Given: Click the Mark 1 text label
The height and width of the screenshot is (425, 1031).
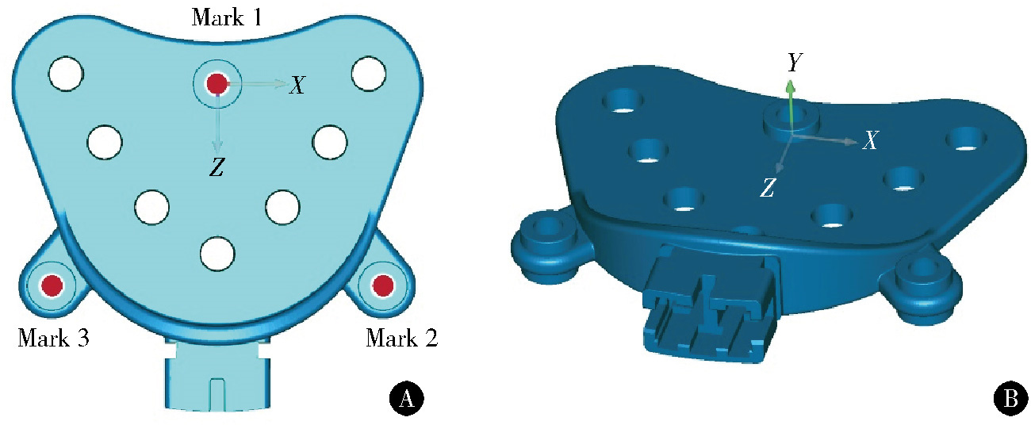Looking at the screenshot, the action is [x=227, y=18].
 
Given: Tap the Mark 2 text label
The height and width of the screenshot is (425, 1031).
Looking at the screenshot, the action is [x=401, y=339].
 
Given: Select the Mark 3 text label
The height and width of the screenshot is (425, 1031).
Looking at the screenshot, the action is [x=53, y=339].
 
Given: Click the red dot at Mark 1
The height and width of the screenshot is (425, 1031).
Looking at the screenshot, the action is [x=217, y=84].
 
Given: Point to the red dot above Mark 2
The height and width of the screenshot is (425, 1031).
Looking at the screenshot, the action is [x=383, y=285].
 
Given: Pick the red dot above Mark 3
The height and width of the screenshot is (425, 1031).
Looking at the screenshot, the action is [x=52, y=285].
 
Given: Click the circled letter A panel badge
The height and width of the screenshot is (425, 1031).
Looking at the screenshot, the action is [x=406, y=398].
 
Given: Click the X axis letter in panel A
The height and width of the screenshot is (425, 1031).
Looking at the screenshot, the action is [x=297, y=85].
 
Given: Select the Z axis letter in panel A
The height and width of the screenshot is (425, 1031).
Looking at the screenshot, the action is [x=217, y=167].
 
